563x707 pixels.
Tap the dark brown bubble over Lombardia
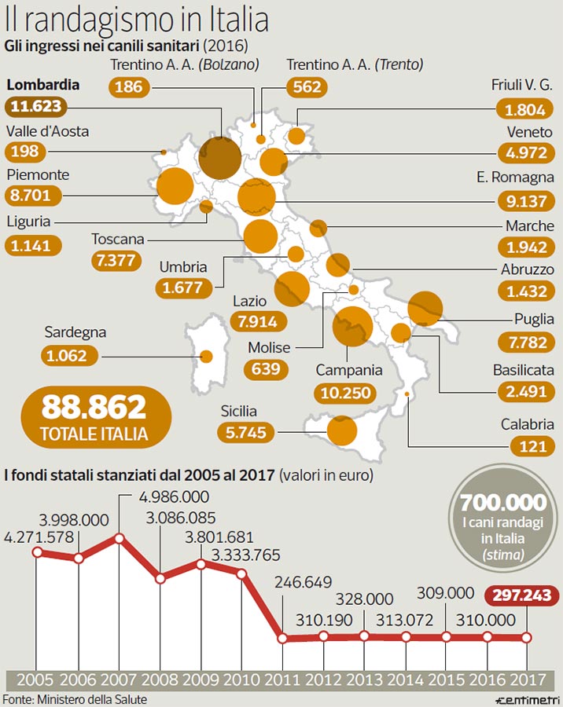219,156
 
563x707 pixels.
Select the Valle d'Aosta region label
47,131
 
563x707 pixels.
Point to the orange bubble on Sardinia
207,356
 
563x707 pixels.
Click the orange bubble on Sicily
342,430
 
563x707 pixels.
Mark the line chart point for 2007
120,538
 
